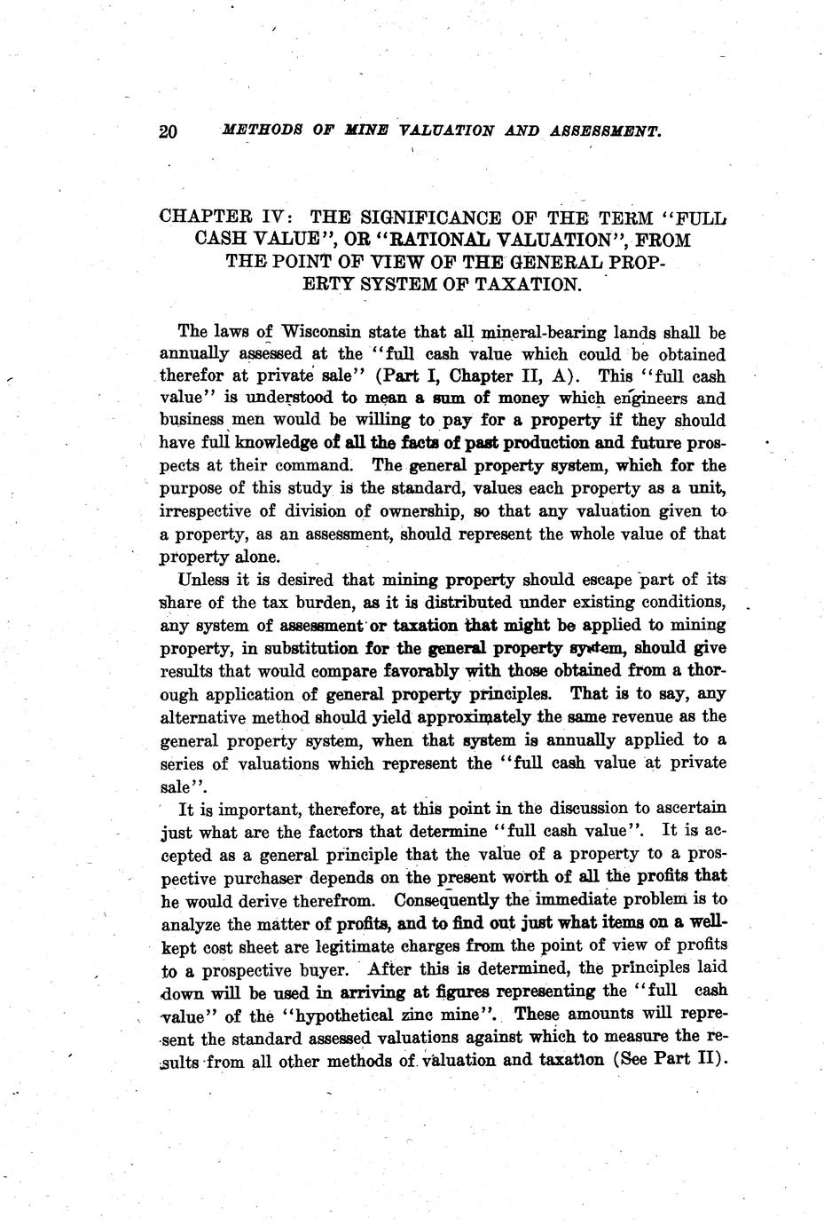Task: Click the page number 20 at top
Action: pos(169,132)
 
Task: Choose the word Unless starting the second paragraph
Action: pos(206,581)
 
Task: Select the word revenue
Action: pos(643,716)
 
